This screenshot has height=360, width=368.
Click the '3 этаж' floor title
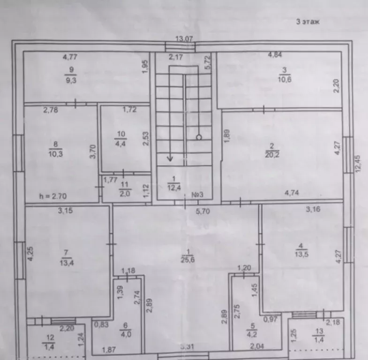(x=308, y=22)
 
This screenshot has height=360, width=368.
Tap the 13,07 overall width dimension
(x=184, y=39)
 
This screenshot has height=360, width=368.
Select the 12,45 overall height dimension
(x=358, y=164)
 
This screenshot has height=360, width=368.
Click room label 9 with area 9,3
(x=71, y=75)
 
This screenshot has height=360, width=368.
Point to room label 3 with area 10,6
(x=285, y=75)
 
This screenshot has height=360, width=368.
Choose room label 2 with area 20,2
(x=272, y=150)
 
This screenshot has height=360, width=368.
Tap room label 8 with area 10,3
(x=56, y=149)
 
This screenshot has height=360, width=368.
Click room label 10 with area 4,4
(x=120, y=139)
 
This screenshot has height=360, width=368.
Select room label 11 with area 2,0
(x=124, y=189)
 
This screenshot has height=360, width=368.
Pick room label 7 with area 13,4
(x=67, y=258)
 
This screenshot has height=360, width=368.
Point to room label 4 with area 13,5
(x=301, y=250)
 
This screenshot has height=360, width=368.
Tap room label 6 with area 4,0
(x=126, y=330)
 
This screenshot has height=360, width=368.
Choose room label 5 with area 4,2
(x=252, y=330)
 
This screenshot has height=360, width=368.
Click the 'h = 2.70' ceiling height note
(x=53, y=196)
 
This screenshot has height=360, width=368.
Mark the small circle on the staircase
(x=199, y=137)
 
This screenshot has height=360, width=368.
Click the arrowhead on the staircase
(x=170, y=159)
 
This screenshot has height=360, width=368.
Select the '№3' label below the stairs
(x=197, y=195)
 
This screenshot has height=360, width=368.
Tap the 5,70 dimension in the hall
(x=203, y=212)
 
